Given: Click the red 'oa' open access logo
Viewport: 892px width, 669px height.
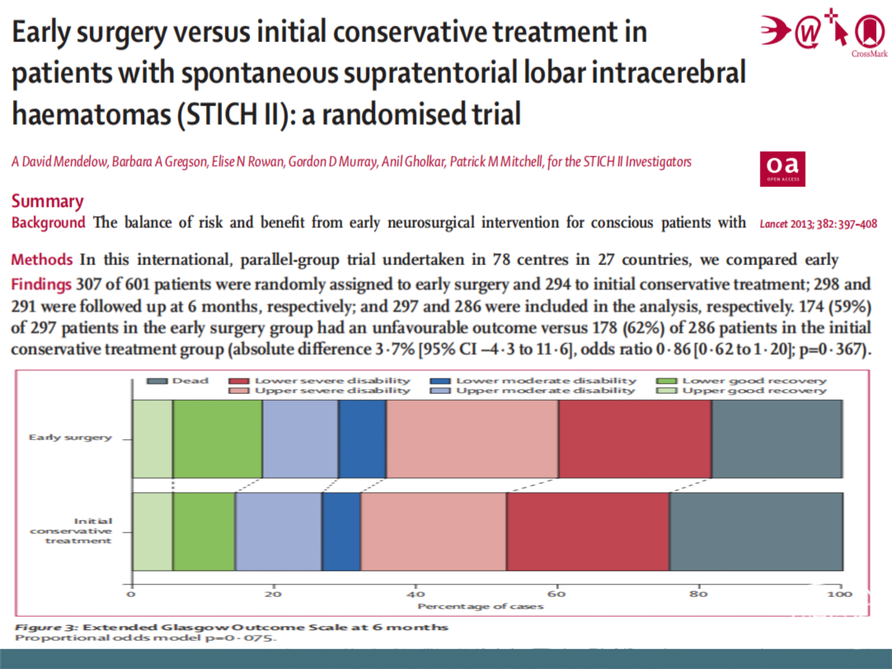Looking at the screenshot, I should click(x=782, y=169).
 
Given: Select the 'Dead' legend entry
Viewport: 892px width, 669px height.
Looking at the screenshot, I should click(x=178, y=381).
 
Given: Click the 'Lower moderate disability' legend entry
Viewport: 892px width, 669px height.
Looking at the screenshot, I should click(x=534, y=381).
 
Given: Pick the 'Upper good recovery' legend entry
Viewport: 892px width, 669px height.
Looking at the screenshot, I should click(x=742, y=391).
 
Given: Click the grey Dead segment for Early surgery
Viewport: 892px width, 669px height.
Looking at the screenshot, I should click(x=777, y=439).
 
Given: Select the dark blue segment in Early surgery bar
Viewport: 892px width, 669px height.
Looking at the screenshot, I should click(x=362, y=439).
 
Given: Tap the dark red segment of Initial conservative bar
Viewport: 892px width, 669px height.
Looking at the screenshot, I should click(x=588, y=531).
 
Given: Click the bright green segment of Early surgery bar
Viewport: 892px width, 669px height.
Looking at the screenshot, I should click(x=217, y=439).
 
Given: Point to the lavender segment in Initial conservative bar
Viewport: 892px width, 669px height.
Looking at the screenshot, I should click(x=278, y=531).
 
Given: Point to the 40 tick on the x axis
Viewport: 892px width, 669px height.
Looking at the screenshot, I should click(x=415, y=594).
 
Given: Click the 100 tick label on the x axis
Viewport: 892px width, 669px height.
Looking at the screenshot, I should click(x=840, y=594).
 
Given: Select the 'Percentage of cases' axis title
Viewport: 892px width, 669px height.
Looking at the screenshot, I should click(x=480, y=606).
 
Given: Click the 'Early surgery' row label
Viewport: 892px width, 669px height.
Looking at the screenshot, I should click(x=70, y=438).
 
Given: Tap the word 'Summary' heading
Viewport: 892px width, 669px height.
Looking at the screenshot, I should click(x=47, y=201).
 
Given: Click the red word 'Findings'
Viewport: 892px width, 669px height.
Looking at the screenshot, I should click(x=41, y=284).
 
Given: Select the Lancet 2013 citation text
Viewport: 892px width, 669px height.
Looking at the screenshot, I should click(x=818, y=224).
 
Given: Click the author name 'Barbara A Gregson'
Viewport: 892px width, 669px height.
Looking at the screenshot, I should click(x=159, y=162).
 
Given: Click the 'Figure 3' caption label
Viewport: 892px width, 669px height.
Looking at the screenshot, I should click(x=46, y=628).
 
